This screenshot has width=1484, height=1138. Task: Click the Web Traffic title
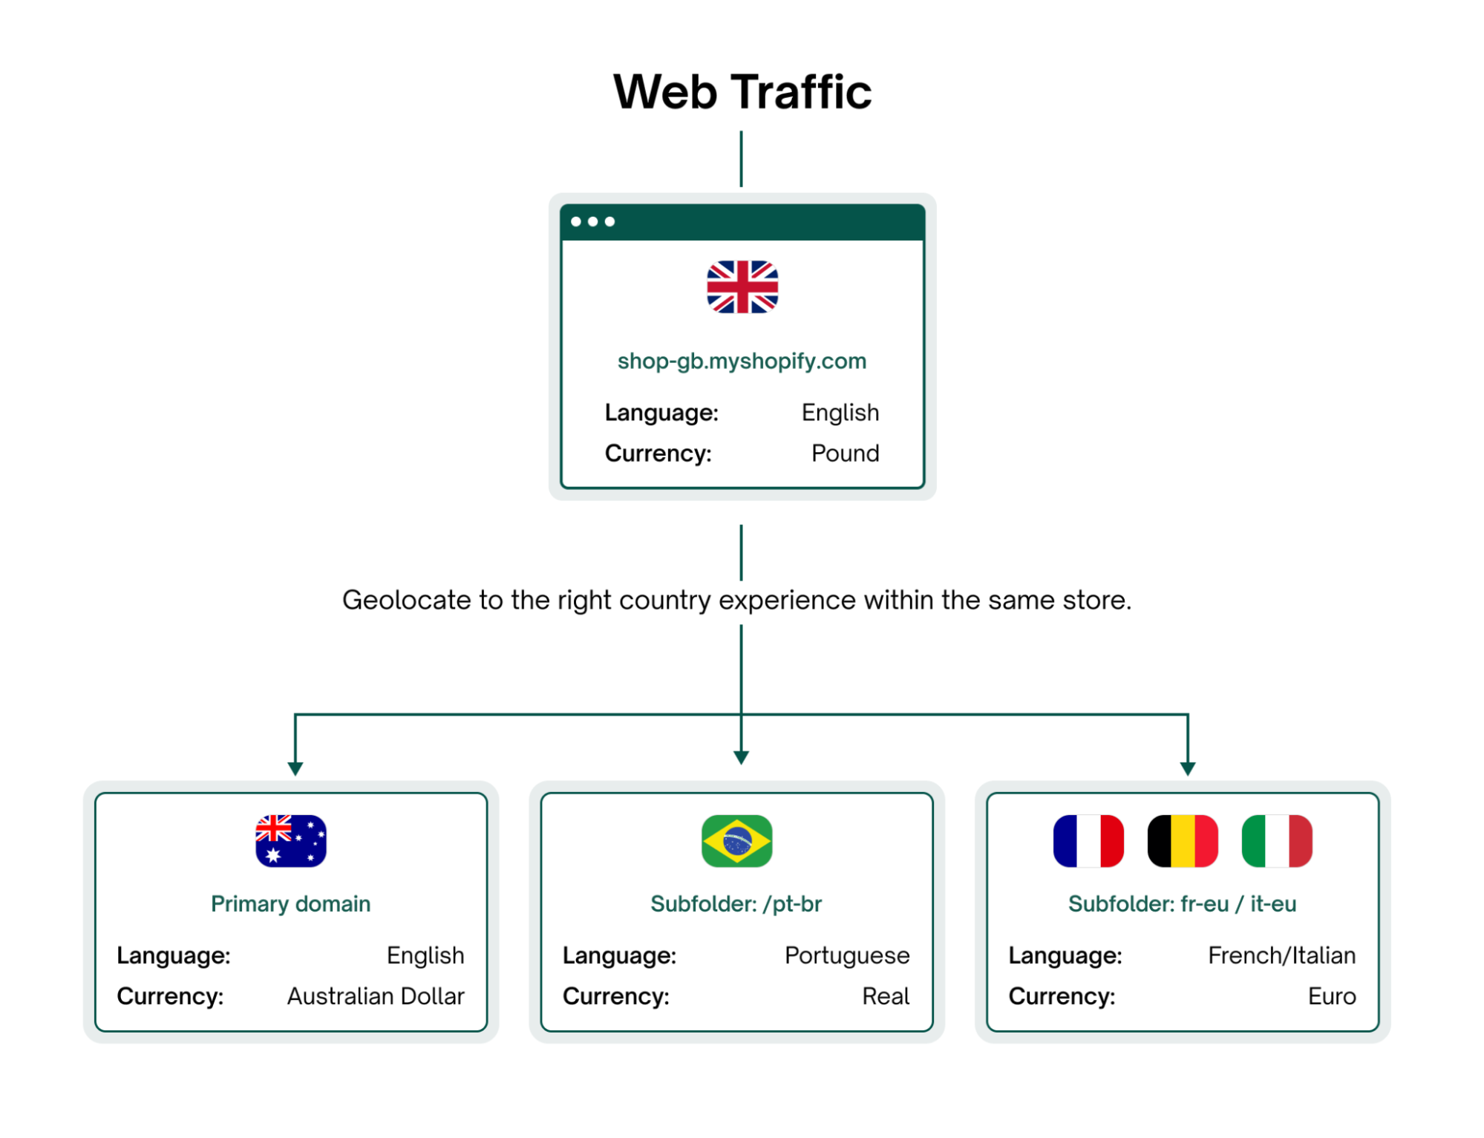point(742,92)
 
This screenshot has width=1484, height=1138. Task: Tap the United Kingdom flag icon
point(742,287)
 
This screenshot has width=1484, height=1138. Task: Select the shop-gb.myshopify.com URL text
point(742,362)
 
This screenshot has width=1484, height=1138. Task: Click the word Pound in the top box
point(845,454)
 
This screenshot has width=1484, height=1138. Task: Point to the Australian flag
point(291,841)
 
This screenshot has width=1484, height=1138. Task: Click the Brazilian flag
point(736,841)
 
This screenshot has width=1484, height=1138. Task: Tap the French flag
point(1088,841)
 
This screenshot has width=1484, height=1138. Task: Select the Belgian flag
point(1183,841)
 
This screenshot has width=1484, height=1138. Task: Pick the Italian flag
point(1277,841)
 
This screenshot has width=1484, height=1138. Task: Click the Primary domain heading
point(291,904)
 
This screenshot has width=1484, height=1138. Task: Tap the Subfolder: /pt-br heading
point(736,904)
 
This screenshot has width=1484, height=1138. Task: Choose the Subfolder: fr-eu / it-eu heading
point(1182,904)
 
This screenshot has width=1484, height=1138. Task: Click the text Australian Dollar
point(376,996)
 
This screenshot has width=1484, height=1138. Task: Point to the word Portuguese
point(847,955)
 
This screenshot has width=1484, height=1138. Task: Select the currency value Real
point(886,996)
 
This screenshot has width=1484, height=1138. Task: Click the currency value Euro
point(1332,996)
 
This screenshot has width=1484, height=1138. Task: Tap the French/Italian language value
point(1281,955)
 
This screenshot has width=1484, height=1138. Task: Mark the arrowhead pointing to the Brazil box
point(741,757)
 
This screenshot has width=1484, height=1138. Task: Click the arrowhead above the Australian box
point(295,768)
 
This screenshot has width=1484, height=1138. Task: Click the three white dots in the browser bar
point(592,222)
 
